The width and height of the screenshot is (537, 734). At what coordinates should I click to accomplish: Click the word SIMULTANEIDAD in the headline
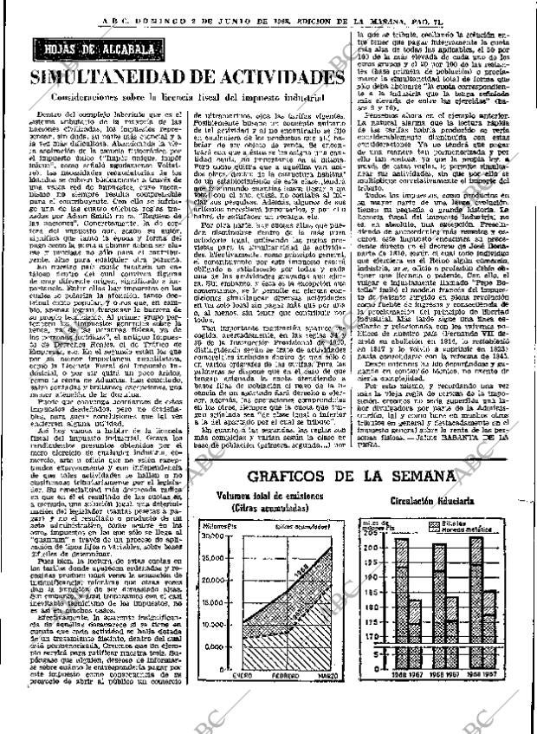pos(113,78)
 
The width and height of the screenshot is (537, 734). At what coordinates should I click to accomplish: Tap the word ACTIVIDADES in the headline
pos(274,78)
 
